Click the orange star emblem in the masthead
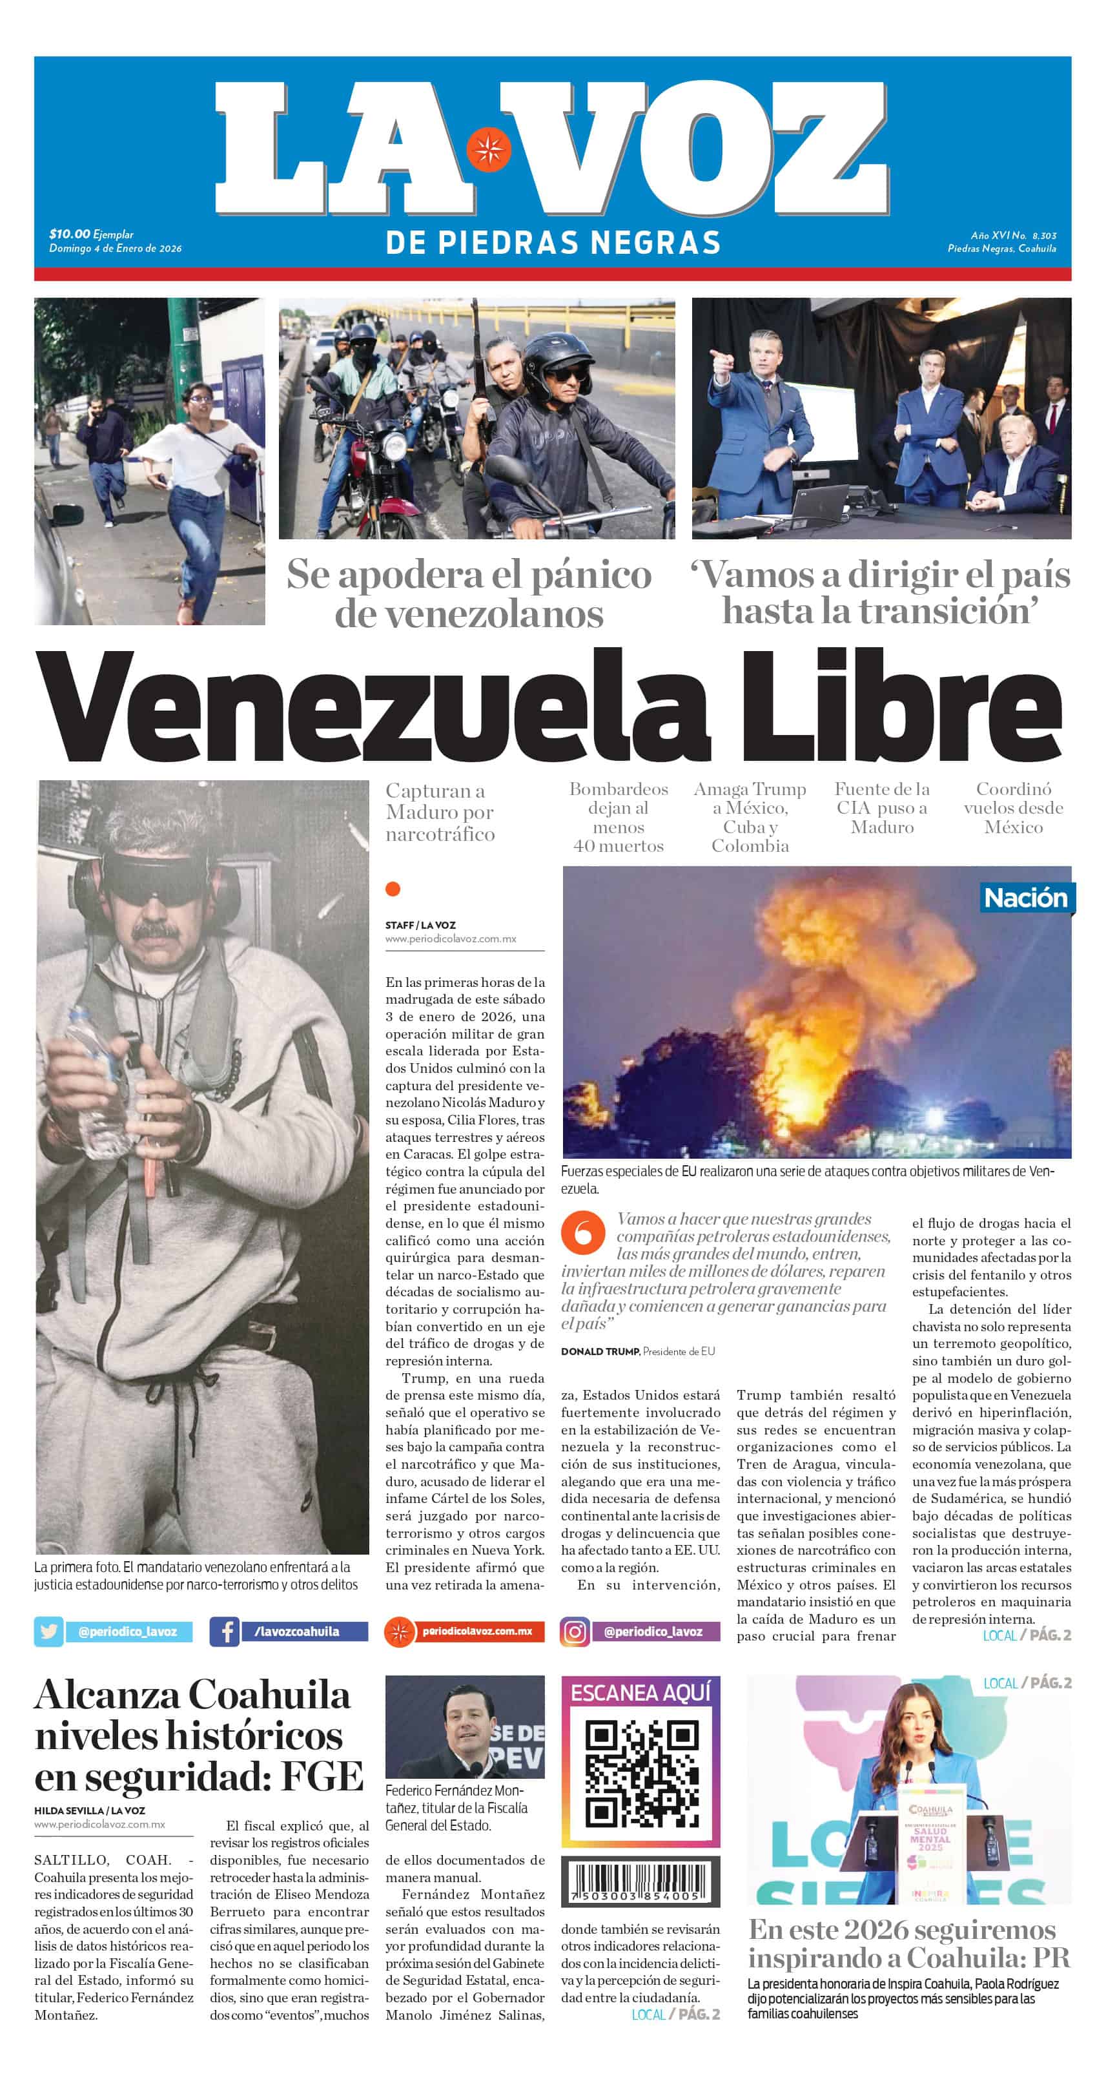(487, 149)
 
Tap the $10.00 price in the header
(70, 234)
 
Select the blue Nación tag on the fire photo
(1025, 898)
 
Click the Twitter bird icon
(48, 1631)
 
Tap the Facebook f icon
(224, 1631)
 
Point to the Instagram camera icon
(575, 1631)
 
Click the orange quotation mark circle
(583, 1233)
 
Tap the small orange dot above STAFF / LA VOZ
(393, 889)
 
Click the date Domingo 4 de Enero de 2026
(116, 248)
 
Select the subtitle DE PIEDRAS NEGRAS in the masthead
(553, 243)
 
